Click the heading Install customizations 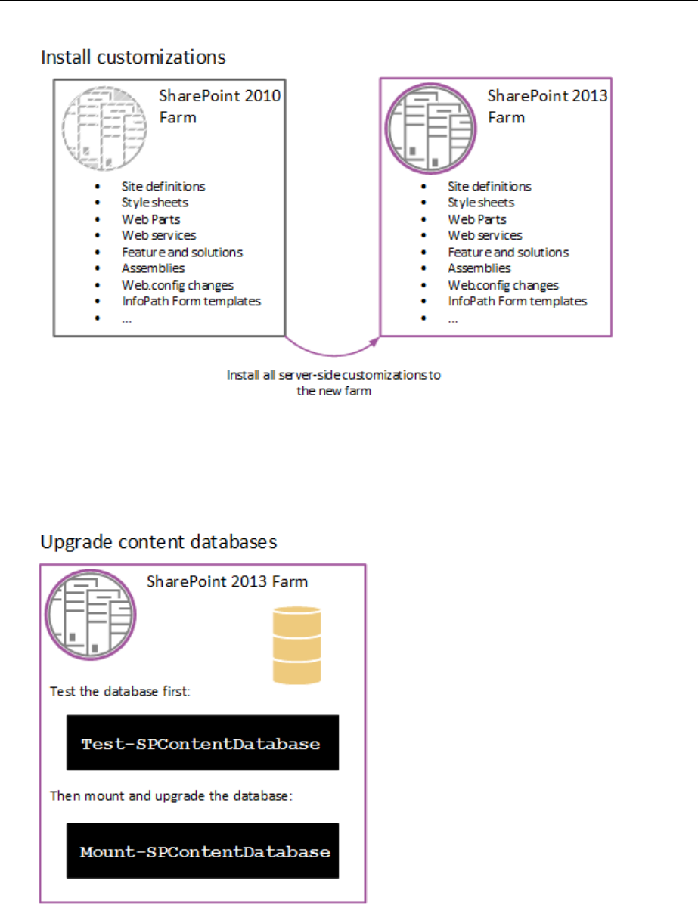click(132, 57)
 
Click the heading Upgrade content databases click(159, 542)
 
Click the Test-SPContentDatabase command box click(202, 743)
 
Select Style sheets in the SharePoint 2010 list click(154, 203)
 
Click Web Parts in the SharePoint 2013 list click(476, 219)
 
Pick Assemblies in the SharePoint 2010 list click(153, 268)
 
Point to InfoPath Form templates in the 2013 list click(517, 301)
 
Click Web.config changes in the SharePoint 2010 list click(177, 285)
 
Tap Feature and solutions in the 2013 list click(507, 252)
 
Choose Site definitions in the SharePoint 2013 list click(489, 186)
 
